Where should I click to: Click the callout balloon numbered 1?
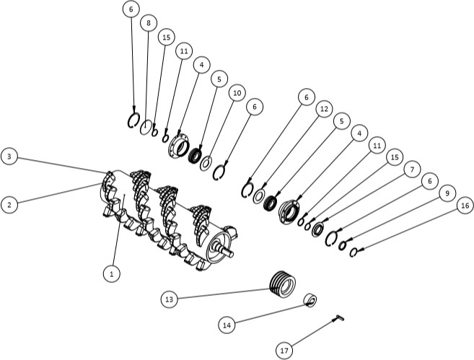coord(112,274)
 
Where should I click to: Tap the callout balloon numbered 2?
coord(9,205)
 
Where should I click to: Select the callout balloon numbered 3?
coord(9,157)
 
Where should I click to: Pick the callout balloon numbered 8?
coord(148,23)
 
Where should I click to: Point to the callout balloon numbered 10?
coord(237,93)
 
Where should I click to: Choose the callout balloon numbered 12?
coord(324,109)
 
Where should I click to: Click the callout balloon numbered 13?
coord(169,299)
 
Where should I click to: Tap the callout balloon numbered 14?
coord(227,325)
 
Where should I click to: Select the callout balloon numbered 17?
coord(284,351)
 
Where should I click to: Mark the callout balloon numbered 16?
coord(465,206)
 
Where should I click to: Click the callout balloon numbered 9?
coord(447,193)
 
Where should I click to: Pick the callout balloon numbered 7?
coord(412,170)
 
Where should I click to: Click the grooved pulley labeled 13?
coord(282,284)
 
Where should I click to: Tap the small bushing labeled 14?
coord(310,300)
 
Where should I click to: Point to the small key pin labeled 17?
coord(338,317)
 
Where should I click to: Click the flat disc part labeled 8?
coord(146,127)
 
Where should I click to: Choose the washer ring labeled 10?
coord(206,164)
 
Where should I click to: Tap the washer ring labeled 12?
coord(259,196)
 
